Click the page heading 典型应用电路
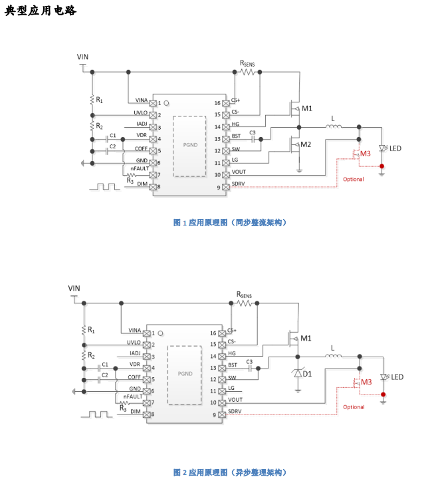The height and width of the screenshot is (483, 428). click(41, 11)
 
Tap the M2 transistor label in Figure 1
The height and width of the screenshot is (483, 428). click(306, 144)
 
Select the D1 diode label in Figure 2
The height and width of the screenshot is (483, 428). click(306, 375)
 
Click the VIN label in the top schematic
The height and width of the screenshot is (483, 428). click(83, 57)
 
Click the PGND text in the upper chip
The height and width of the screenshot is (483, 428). click(189, 144)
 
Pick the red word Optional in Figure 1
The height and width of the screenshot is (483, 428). click(352, 179)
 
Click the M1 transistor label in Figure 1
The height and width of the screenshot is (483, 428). click(306, 108)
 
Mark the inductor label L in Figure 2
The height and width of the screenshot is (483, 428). click(333, 347)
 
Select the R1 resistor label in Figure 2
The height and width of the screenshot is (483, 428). click(91, 329)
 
